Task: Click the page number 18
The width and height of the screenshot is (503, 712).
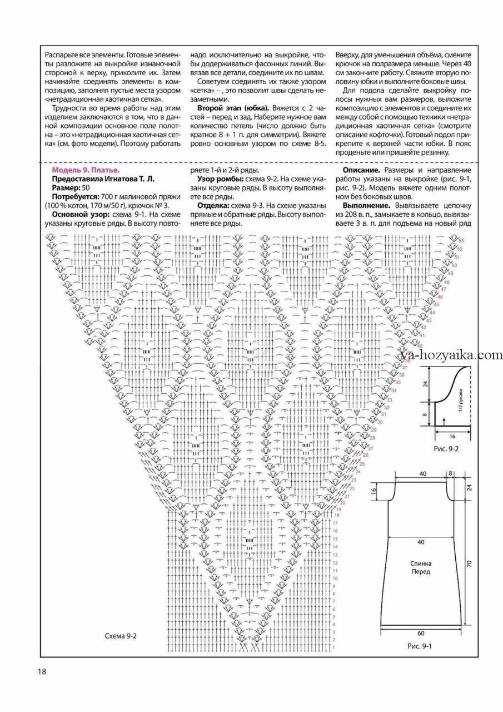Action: click(42, 671)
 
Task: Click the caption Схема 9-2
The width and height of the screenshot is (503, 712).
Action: click(121, 636)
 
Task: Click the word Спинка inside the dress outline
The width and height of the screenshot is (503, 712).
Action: click(421, 562)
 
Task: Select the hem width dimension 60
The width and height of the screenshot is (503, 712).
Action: click(421, 633)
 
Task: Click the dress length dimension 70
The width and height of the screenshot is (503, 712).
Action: click(469, 563)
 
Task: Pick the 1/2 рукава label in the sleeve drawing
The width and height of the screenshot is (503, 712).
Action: click(460, 401)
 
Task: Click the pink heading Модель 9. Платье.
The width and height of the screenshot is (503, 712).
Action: click(86, 170)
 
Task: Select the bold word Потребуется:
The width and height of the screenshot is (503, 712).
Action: click(75, 197)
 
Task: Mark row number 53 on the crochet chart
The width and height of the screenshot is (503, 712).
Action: click(461, 240)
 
